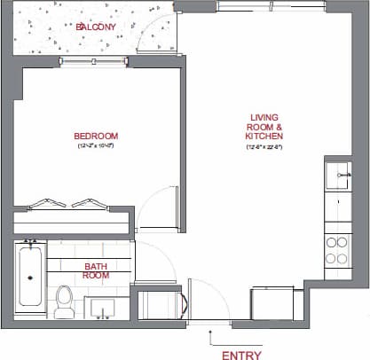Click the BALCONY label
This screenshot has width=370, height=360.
point(95,27)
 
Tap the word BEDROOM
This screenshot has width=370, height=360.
point(96,136)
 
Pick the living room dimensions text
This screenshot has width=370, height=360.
point(265,147)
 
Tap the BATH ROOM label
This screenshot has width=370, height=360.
point(96,270)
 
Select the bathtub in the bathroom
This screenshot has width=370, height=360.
point(30,275)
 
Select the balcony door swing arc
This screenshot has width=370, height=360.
point(160,35)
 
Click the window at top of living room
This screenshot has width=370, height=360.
point(248,6)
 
